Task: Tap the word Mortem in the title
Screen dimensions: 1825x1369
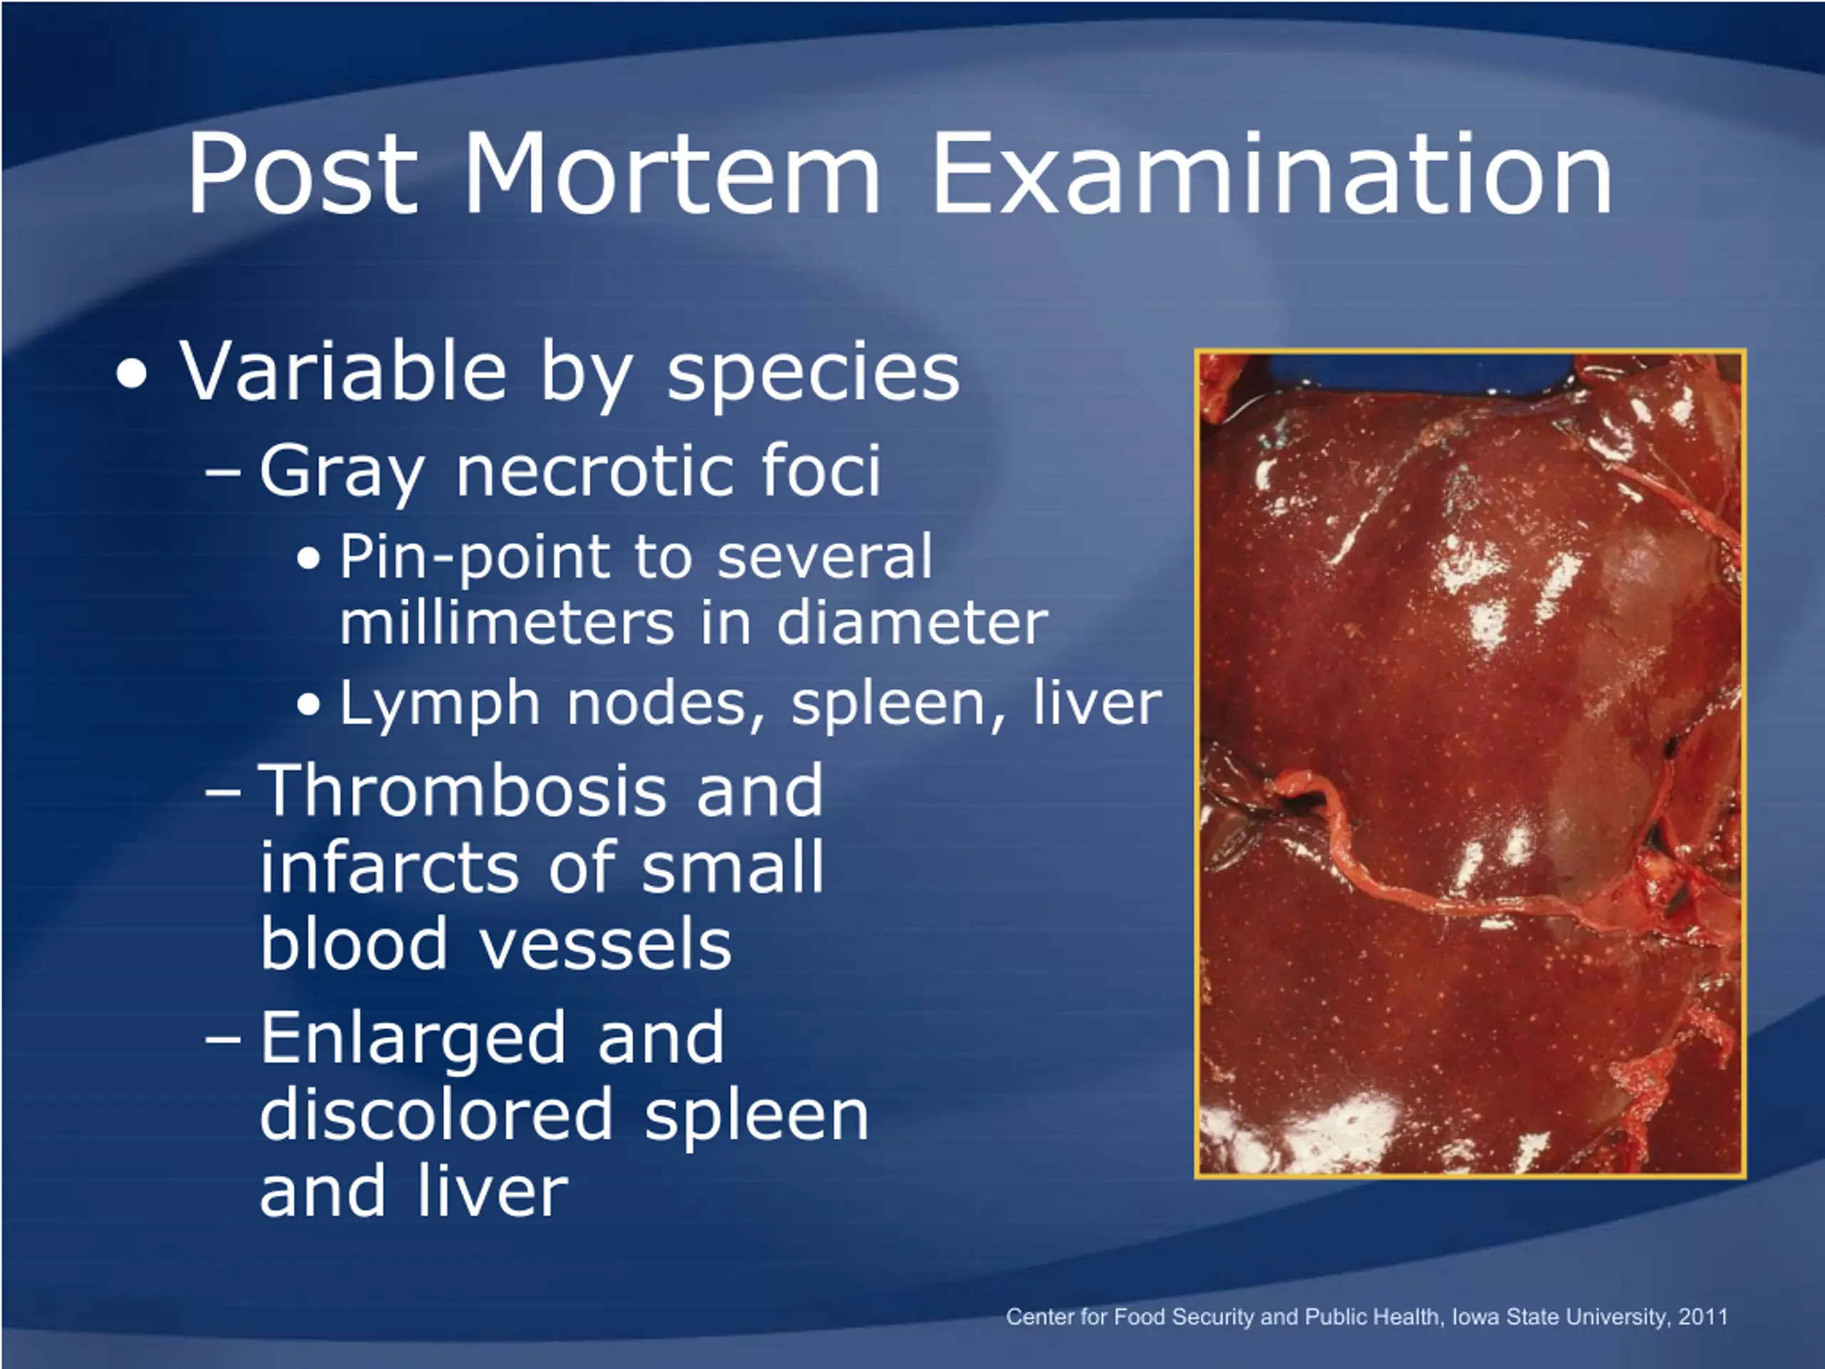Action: pos(672,173)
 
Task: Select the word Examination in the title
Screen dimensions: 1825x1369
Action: pos(1271,173)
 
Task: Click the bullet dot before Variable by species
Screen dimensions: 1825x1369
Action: pos(132,374)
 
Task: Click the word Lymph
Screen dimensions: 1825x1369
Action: pos(440,706)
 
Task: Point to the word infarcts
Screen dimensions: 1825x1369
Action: pos(388,866)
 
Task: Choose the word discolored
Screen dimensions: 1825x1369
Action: pos(436,1113)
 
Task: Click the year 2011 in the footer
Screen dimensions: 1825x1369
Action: pos(1702,1316)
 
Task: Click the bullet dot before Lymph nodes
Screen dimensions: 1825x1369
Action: pos(309,707)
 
